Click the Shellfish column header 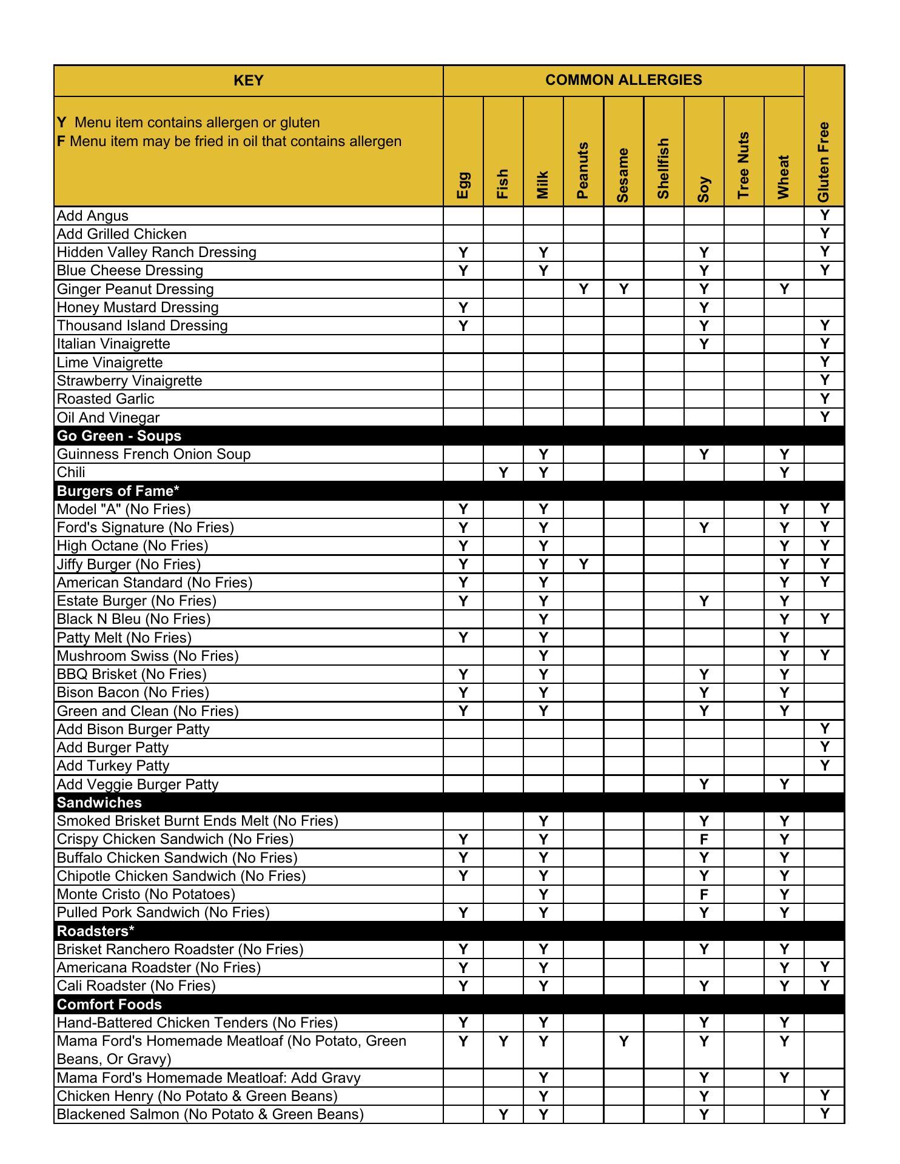663,168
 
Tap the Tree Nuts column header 744,165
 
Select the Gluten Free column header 824,162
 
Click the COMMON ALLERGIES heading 623,80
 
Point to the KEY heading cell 248,81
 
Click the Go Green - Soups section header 119,436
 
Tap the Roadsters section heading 96,931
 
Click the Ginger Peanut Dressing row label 135,289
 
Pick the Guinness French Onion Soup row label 153,454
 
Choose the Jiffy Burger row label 129,564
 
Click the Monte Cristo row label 146,894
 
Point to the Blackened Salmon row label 210,1114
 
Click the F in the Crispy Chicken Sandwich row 704,840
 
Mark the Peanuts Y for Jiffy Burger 583,564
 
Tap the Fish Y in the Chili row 503,473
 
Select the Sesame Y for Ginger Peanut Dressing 623,289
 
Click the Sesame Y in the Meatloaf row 623,1042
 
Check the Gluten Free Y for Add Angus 824,215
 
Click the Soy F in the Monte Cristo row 704,894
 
